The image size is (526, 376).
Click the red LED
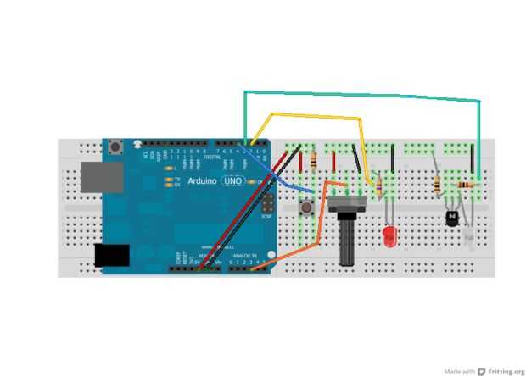[x=390, y=236]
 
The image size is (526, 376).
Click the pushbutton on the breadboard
[x=306, y=207]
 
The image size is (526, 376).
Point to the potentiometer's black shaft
[x=347, y=242]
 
